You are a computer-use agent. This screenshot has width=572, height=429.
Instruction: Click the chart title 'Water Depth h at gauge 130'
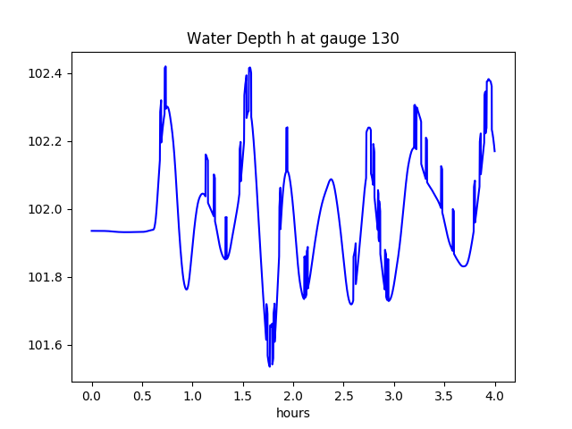(x=292, y=38)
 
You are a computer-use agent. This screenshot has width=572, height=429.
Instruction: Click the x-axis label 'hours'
(x=293, y=414)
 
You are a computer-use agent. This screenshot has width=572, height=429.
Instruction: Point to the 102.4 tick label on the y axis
(x=45, y=73)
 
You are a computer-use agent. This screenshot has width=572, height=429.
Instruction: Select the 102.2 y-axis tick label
(x=45, y=141)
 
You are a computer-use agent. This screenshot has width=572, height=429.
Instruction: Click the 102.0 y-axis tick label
(x=45, y=209)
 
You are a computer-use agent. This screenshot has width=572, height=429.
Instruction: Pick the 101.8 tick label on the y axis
(x=45, y=277)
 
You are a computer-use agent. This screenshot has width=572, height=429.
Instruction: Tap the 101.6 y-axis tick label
(x=45, y=345)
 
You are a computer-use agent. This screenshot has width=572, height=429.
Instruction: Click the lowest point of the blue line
(x=269, y=366)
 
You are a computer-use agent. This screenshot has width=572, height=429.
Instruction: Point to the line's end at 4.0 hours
(x=494, y=151)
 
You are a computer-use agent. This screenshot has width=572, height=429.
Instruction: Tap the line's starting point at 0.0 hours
(x=92, y=231)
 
